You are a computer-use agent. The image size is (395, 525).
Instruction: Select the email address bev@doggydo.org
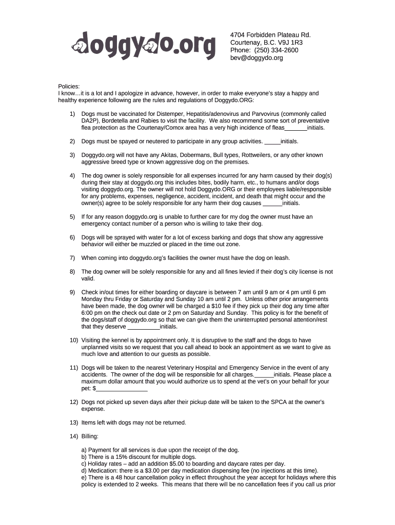click(x=256, y=58)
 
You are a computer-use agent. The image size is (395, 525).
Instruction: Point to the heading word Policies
click(x=69, y=86)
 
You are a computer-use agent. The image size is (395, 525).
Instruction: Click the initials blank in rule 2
click(x=272, y=141)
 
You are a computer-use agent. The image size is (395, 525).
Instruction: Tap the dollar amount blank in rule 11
click(x=122, y=389)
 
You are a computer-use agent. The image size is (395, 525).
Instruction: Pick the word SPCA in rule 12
click(x=278, y=402)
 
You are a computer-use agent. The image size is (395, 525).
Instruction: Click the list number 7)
click(x=72, y=258)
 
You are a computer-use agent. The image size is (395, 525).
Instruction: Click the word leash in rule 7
click(x=281, y=258)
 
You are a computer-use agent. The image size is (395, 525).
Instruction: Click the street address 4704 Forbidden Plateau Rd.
click(x=271, y=35)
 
